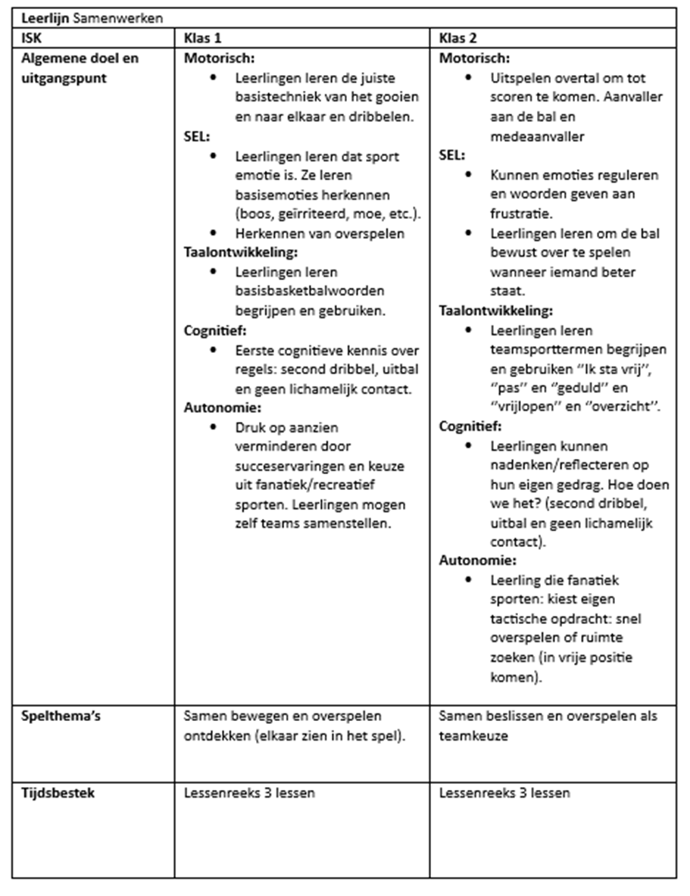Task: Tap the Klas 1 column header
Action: pyautogui.click(x=203, y=38)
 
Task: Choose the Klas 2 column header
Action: pyautogui.click(x=458, y=38)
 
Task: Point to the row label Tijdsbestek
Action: pyautogui.click(x=57, y=794)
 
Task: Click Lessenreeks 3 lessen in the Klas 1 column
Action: pyautogui.click(x=249, y=794)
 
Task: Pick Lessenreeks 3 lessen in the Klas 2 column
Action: pyautogui.click(x=504, y=794)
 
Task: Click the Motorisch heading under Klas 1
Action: pyautogui.click(x=220, y=58)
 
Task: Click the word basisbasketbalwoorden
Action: pyautogui.click(x=299, y=292)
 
